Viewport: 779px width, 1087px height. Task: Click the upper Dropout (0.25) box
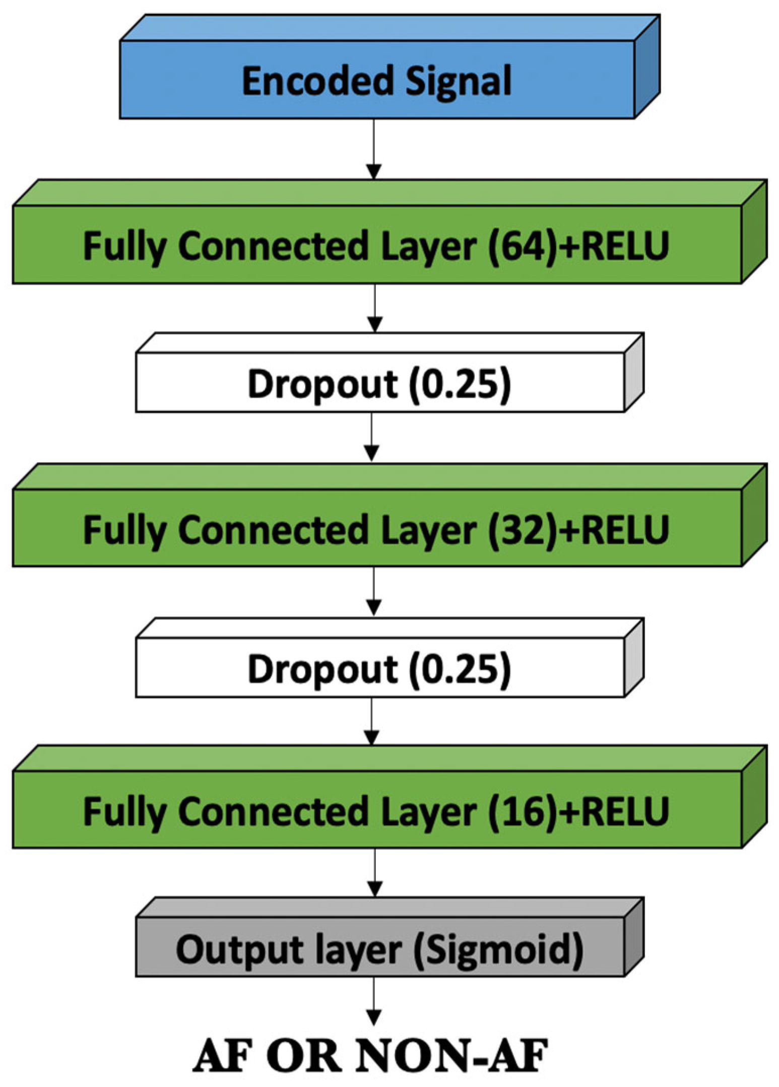[379, 385]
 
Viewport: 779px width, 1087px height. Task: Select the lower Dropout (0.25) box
[379, 669]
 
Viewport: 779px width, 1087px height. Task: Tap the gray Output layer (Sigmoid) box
[379, 949]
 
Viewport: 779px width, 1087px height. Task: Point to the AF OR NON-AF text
[370, 1055]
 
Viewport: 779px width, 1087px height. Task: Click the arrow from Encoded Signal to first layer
[373, 149]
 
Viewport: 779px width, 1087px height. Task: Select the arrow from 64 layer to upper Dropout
[374, 308]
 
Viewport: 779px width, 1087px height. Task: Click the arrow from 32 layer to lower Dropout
[373, 591]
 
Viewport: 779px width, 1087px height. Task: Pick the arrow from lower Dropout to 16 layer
[371, 721]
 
